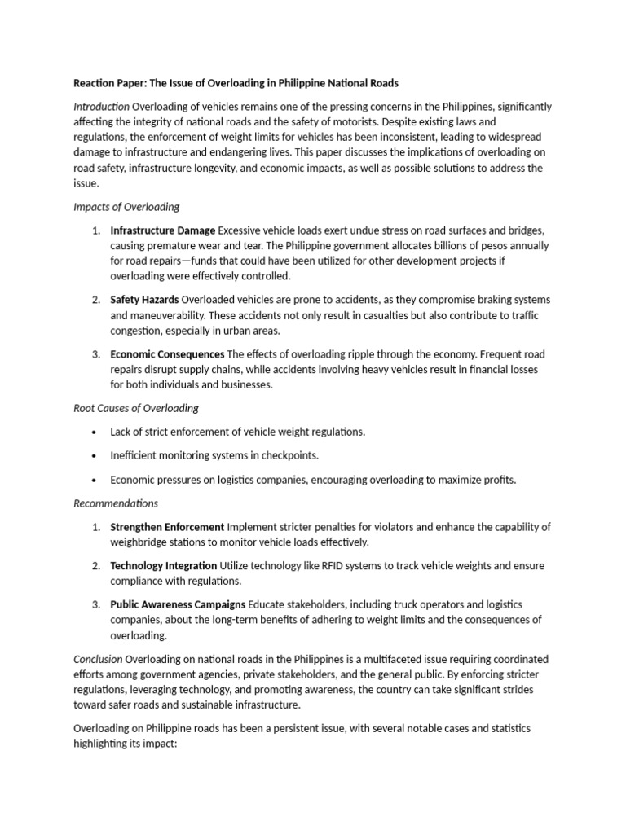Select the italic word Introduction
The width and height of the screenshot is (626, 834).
pos(102,107)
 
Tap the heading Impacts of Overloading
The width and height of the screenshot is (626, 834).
pos(126,207)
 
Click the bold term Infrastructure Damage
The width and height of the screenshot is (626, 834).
pos(163,230)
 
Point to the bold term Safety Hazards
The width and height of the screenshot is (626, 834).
pos(144,301)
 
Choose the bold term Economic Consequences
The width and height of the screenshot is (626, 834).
pos(167,354)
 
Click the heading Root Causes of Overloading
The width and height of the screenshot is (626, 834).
pos(136,408)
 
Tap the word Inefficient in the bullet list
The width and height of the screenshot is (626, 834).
pos(134,455)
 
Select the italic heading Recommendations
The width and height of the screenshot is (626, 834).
pos(116,503)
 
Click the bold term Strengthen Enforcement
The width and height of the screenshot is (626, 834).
pos(167,527)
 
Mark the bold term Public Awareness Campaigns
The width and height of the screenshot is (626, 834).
pos(178,604)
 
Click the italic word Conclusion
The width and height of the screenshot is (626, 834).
pos(99,658)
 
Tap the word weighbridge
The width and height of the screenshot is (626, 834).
pos(141,542)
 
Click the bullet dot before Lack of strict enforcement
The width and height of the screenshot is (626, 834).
pos(95,432)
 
